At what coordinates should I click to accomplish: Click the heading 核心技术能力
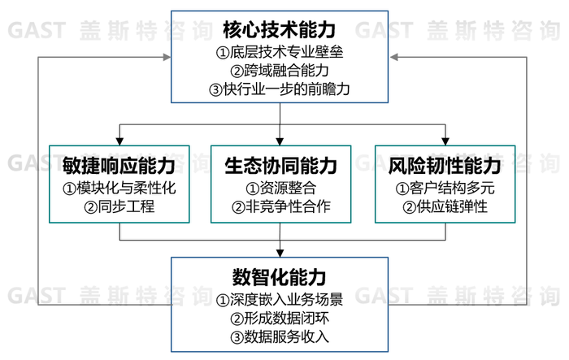[280, 31]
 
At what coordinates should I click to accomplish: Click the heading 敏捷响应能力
[119, 167]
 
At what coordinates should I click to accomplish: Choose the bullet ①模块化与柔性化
[119, 188]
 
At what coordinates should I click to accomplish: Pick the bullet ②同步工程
[119, 206]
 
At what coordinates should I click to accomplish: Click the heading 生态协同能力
[280, 167]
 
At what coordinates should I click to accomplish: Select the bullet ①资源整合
[280, 188]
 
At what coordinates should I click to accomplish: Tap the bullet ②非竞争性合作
[280, 206]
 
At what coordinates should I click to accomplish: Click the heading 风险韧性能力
[445, 167]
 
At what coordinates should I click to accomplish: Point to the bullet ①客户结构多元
[445, 188]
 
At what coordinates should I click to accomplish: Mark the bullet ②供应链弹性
[445, 206]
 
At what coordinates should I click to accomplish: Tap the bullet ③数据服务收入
[280, 336]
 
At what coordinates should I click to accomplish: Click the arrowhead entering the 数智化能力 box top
[280, 253]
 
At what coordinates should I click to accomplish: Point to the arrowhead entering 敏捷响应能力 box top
[119, 141]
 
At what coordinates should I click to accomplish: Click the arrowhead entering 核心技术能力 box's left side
[167, 57]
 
